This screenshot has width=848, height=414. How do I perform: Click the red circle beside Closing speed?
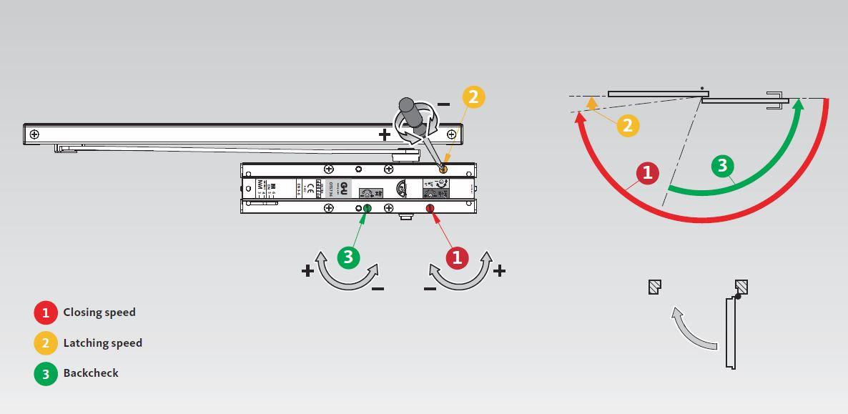click(46, 312)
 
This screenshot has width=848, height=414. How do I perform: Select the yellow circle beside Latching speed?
click(46, 343)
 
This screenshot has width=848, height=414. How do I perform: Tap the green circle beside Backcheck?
click(46, 373)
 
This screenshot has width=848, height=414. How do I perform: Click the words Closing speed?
click(99, 312)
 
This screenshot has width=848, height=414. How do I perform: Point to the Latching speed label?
click(102, 343)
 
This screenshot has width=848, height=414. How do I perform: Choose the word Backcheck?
click(91, 373)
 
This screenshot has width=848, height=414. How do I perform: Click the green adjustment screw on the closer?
click(368, 208)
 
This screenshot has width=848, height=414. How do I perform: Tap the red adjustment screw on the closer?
click(430, 208)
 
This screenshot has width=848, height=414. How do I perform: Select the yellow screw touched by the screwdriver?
click(443, 169)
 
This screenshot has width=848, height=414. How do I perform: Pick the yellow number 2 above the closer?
click(473, 97)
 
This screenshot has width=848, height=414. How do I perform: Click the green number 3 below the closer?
click(348, 257)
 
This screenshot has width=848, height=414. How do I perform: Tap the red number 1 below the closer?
click(457, 257)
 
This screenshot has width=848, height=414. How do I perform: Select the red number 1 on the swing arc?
click(648, 173)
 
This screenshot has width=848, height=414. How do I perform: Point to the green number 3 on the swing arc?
click(723, 166)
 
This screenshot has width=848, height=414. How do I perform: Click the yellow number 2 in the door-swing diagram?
click(628, 126)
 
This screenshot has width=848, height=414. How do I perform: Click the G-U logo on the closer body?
click(344, 188)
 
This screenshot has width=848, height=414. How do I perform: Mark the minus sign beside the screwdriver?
click(443, 104)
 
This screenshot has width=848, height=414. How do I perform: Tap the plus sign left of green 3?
click(307, 271)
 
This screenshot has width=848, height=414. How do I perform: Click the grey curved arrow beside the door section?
click(690, 331)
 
